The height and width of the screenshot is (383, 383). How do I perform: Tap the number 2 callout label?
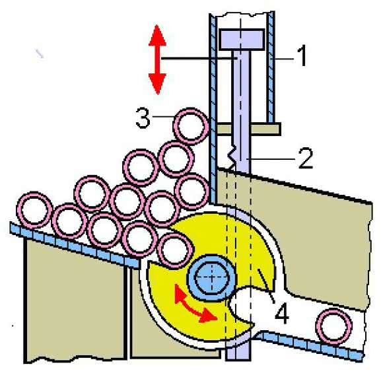[306, 158]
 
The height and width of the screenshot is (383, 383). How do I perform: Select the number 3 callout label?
[143, 118]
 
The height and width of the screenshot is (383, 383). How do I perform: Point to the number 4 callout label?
[282, 313]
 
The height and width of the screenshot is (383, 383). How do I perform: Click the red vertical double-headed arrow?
[158, 59]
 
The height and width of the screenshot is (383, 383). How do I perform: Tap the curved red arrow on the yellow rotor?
[195, 305]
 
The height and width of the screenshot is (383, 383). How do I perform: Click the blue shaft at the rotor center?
[211, 278]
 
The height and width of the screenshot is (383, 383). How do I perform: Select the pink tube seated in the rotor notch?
[175, 251]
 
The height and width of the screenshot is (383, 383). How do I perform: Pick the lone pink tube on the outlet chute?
[333, 327]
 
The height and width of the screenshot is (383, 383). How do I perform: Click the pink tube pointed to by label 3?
[191, 126]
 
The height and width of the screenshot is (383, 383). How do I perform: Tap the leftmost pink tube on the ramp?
[34, 210]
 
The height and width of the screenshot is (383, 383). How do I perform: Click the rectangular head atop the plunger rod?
[242, 40]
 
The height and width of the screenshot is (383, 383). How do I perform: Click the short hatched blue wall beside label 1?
[271, 67]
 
